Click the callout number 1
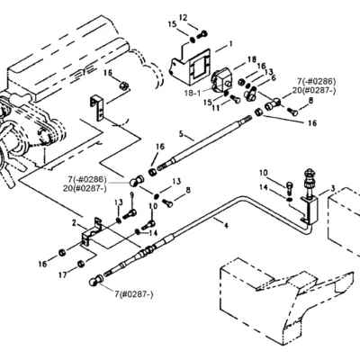click(x=230, y=44)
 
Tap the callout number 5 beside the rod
click(x=181, y=133)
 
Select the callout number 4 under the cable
click(x=226, y=224)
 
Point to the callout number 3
click(x=333, y=189)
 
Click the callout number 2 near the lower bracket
click(x=74, y=223)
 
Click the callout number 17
click(x=63, y=274)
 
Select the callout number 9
click(x=131, y=195)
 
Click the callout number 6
click(x=274, y=77)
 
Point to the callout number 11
click(x=216, y=108)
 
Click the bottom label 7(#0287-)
click(x=134, y=295)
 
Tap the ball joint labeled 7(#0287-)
click(x=96, y=281)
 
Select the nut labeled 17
click(x=81, y=264)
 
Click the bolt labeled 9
click(x=130, y=214)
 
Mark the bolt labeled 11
click(x=235, y=99)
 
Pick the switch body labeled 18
click(x=222, y=78)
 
